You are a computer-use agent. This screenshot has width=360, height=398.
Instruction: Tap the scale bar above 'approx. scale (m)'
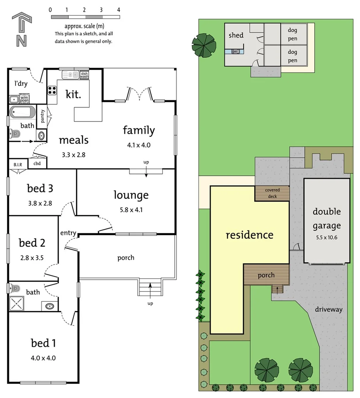coord(85,17)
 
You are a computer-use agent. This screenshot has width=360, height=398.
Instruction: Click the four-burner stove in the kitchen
coord(52,90)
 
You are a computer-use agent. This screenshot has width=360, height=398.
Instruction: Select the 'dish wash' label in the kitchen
coord(84,75)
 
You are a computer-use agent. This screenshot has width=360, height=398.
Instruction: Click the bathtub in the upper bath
coord(22,111)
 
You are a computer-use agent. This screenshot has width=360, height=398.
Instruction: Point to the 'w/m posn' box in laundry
coord(24,99)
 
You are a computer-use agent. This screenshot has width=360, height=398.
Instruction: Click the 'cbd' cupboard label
coord(37,163)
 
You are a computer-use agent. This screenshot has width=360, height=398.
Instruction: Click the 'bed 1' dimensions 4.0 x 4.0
coord(43,357)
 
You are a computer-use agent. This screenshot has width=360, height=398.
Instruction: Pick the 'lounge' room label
coord(131,195)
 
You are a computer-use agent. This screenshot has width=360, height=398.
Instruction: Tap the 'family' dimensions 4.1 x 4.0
coord(139,145)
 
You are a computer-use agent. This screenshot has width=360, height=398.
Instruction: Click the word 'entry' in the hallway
coord(68,233)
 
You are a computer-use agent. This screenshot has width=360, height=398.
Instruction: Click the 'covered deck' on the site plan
coord(272,193)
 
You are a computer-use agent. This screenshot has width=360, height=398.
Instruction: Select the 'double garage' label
coord(326,219)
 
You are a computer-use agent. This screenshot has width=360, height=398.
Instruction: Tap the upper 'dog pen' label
coord(293,34)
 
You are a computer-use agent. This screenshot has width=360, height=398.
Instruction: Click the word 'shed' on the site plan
coord(236,35)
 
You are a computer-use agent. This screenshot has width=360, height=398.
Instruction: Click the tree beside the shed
coord(204,45)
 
